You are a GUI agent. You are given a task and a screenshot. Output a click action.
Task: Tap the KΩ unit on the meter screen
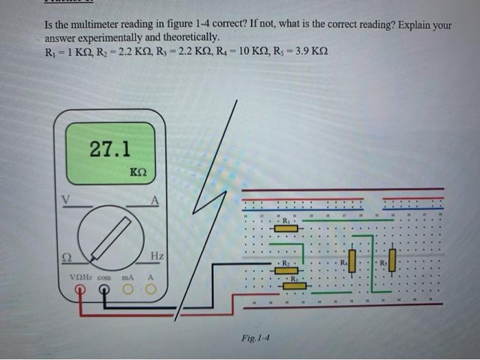[138, 171]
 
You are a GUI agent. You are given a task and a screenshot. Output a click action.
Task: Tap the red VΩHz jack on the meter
[80, 291]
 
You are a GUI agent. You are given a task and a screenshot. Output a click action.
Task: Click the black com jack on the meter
[104, 291]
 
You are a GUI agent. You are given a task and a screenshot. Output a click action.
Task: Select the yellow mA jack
[128, 291]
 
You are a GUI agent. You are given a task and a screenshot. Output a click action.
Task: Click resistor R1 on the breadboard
[286, 228]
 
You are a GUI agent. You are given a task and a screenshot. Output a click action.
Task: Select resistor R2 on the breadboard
[285, 270]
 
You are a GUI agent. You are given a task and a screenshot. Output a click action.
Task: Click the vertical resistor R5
[392, 261]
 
